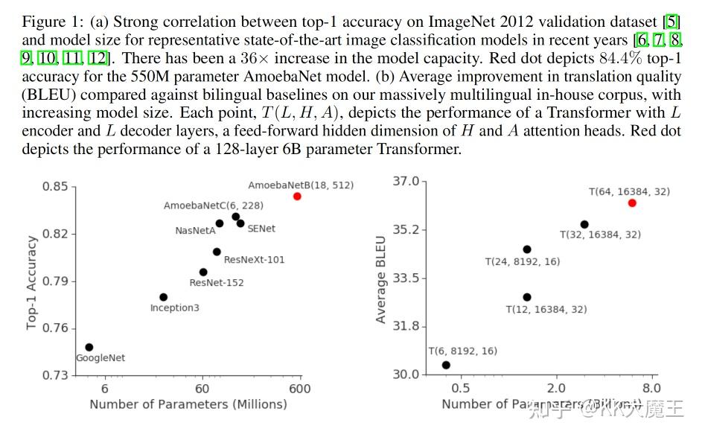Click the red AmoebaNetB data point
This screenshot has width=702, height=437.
click(x=297, y=197)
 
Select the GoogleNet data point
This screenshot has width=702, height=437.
click(x=89, y=347)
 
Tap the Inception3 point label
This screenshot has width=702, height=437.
click(x=174, y=307)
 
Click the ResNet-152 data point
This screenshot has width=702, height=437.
click(x=203, y=272)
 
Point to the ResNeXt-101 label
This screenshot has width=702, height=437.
click(x=254, y=260)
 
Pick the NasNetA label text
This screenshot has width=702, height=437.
click(x=195, y=231)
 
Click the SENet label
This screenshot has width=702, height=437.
click(x=261, y=229)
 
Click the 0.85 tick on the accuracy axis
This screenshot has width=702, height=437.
click(x=55, y=187)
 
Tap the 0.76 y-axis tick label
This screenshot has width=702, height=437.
click(x=55, y=328)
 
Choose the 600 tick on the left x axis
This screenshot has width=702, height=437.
click(x=300, y=389)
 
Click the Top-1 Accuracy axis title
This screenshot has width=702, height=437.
click(x=32, y=283)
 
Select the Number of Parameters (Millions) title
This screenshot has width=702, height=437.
click(x=188, y=404)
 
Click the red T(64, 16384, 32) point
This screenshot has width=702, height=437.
click(x=632, y=203)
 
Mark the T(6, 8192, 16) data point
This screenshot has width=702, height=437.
click(x=446, y=365)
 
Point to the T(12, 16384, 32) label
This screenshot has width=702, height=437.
click(x=546, y=309)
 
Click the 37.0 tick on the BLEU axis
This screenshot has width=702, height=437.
click(x=406, y=182)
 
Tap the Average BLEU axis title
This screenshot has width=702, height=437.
click(x=381, y=280)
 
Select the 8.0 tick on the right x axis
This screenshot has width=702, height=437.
click(x=651, y=389)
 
